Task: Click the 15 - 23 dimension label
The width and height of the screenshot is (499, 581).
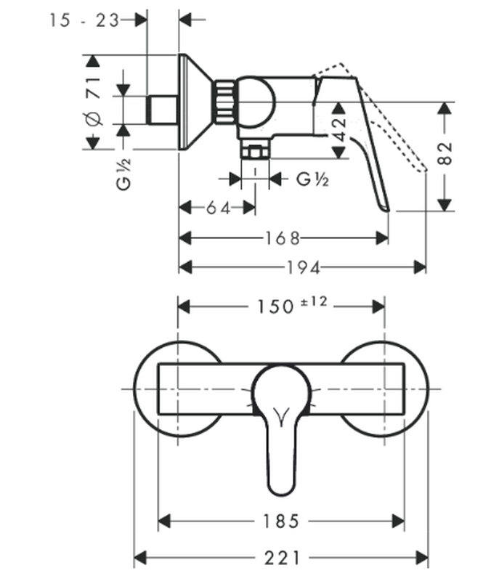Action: pyautogui.click(x=84, y=20)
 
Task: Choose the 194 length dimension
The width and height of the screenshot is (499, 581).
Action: pyautogui.click(x=303, y=268)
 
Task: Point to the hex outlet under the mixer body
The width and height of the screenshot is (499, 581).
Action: pyautogui.click(x=254, y=151)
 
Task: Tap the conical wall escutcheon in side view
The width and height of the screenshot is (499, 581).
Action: pyautogui.click(x=193, y=102)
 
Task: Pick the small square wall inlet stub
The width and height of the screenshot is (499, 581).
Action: pyautogui.click(x=162, y=110)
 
